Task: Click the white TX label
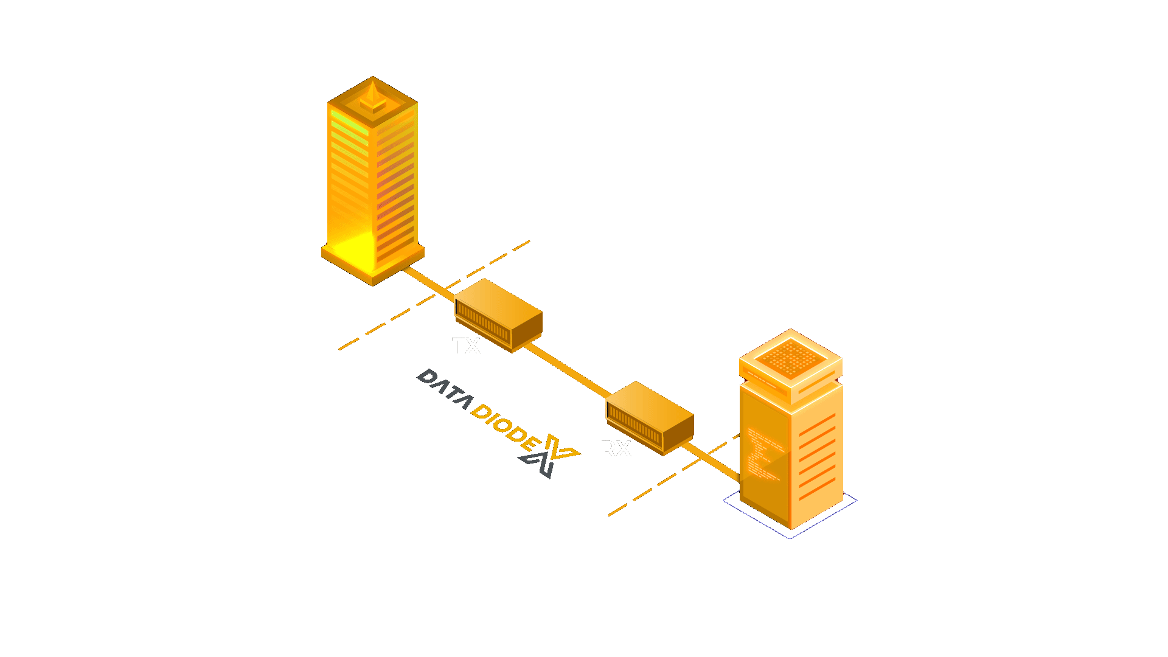click(x=466, y=346)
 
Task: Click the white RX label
click(x=615, y=449)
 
